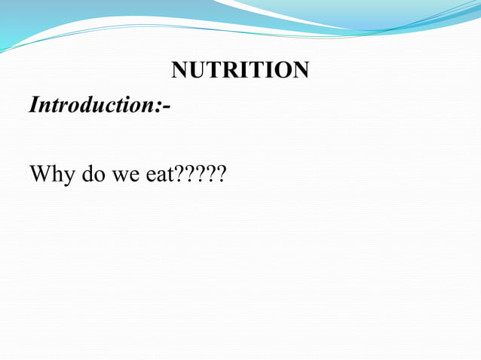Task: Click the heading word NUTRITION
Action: click(x=240, y=70)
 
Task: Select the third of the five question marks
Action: click(x=201, y=175)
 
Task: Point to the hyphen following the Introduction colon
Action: click(x=166, y=107)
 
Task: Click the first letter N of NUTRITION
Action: click(x=179, y=70)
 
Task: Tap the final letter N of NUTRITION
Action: click(x=300, y=70)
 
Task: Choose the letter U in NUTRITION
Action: click(x=197, y=70)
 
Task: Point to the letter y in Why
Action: click(x=67, y=178)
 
